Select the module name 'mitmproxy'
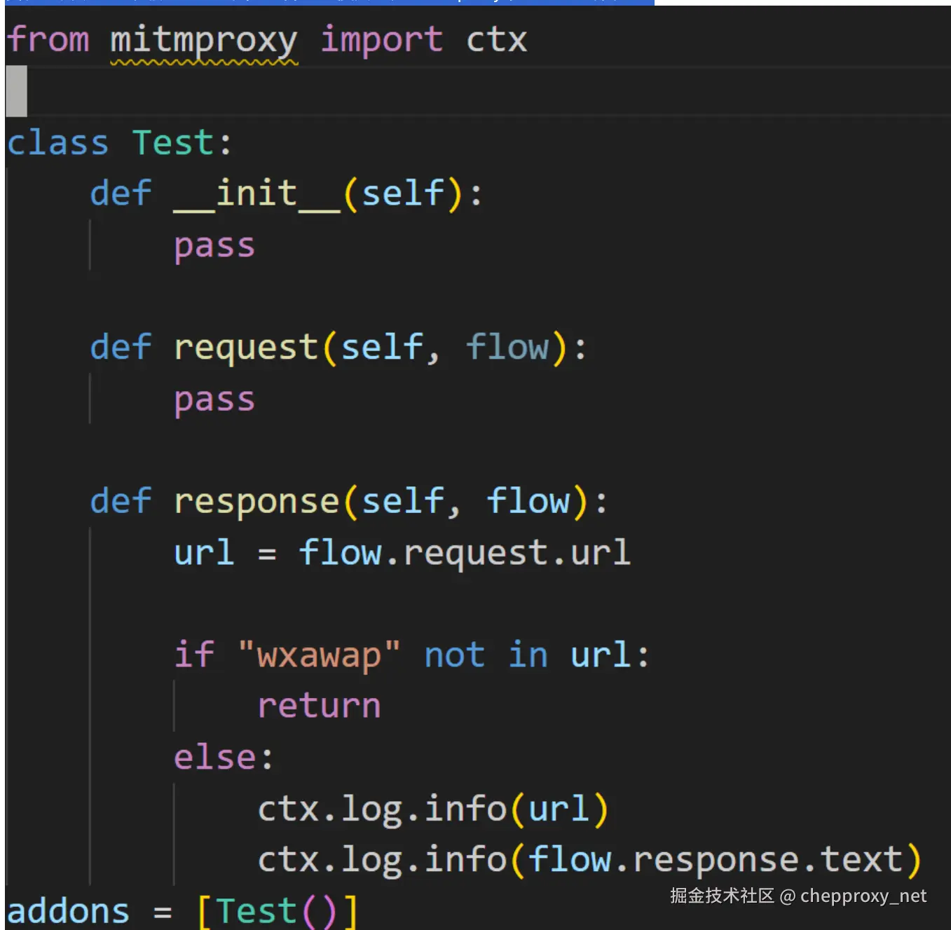[204, 41]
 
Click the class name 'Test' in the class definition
[173, 142]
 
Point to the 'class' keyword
[57, 142]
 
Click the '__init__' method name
[256, 194]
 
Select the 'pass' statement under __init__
[214, 247]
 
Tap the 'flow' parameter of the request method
[507, 347]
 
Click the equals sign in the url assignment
[267, 554]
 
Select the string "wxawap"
[319, 655]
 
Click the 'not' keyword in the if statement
[455, 655]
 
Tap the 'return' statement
[319, 706]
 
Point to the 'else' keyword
[216, 757]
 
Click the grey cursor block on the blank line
[16, 91]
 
